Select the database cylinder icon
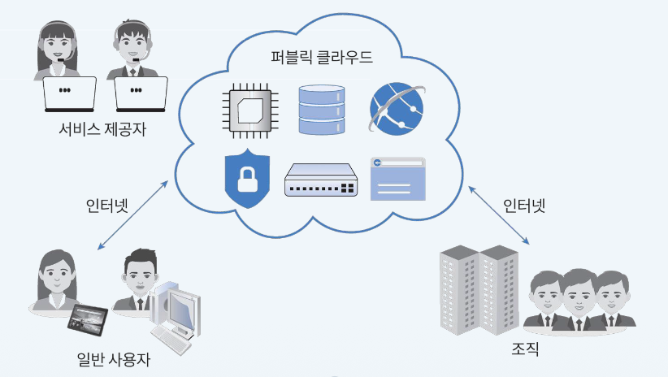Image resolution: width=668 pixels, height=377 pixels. click(321, 109)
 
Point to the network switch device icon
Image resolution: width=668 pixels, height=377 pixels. click(321, 180)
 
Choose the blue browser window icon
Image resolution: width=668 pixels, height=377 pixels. click(397, 178)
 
